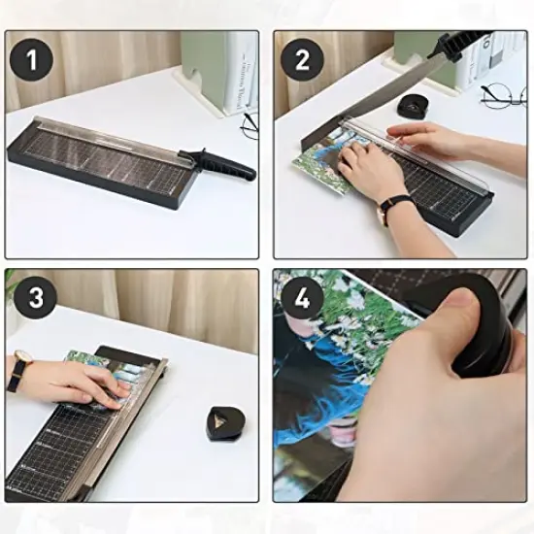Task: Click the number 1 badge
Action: pos(33,60)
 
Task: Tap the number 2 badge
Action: pos(302,60)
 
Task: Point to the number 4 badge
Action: pos(302,298)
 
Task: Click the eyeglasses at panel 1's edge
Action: pos(250,123)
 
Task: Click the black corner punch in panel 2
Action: pos(423,104)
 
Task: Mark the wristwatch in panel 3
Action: pos(19,371)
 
